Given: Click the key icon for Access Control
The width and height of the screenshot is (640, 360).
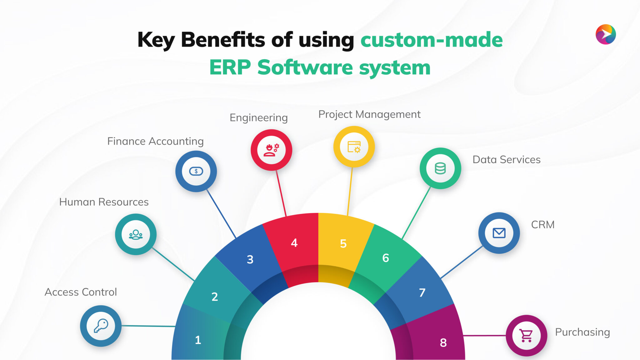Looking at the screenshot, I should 101,326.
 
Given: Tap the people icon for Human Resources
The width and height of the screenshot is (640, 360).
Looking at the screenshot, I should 136,234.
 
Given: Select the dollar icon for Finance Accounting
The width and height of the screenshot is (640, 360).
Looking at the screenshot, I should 196,171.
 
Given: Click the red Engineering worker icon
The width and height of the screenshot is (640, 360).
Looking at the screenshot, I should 271,150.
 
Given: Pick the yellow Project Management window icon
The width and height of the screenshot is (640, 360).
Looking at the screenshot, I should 354,147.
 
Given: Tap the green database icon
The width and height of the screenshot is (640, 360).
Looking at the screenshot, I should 440,168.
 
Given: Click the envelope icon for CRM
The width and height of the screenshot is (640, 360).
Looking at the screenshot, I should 499,233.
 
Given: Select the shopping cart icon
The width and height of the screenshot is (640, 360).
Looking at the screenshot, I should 527,336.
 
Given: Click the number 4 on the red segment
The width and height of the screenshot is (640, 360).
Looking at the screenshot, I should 294,243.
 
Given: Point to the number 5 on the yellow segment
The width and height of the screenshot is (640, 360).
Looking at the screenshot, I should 343,243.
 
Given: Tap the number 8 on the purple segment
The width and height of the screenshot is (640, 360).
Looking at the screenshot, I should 443,343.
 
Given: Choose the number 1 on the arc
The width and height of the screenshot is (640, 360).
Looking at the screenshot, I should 198,340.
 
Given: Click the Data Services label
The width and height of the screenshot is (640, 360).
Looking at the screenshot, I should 506,160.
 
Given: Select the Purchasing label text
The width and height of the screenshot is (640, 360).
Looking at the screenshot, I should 582,332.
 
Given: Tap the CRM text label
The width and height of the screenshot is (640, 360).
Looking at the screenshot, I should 543,225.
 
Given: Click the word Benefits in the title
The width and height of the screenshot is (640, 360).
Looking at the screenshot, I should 223,40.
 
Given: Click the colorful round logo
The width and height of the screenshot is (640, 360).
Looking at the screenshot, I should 606,34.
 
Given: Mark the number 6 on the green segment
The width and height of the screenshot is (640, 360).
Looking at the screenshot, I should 386,258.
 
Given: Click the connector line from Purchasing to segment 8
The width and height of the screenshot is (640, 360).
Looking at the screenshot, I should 484,336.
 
